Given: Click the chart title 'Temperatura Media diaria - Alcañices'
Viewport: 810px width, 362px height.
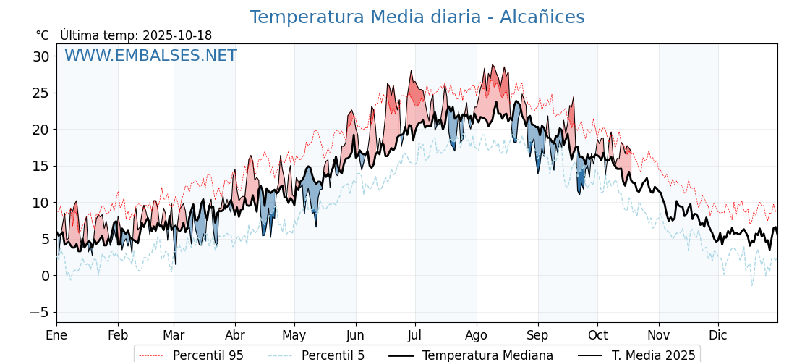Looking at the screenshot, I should click(417, 17).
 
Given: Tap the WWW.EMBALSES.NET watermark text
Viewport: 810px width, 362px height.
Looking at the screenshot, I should click(150, 56).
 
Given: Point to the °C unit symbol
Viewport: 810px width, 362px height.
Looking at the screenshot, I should click(42, 35).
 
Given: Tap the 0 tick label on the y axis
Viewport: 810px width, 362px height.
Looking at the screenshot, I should click(46, 276).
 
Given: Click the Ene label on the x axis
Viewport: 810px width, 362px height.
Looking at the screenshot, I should click(56, 335).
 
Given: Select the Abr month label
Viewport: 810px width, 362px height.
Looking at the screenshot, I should click(235, 335).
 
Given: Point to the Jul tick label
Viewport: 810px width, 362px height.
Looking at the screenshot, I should click(415, 335).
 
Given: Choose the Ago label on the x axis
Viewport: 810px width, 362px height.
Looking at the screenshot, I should click(477, 335).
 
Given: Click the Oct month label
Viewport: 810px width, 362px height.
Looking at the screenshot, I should click(597, 335).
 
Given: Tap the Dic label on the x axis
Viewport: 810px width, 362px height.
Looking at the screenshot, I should click(718, 335).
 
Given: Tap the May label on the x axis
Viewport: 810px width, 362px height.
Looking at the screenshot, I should click(294, 335).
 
